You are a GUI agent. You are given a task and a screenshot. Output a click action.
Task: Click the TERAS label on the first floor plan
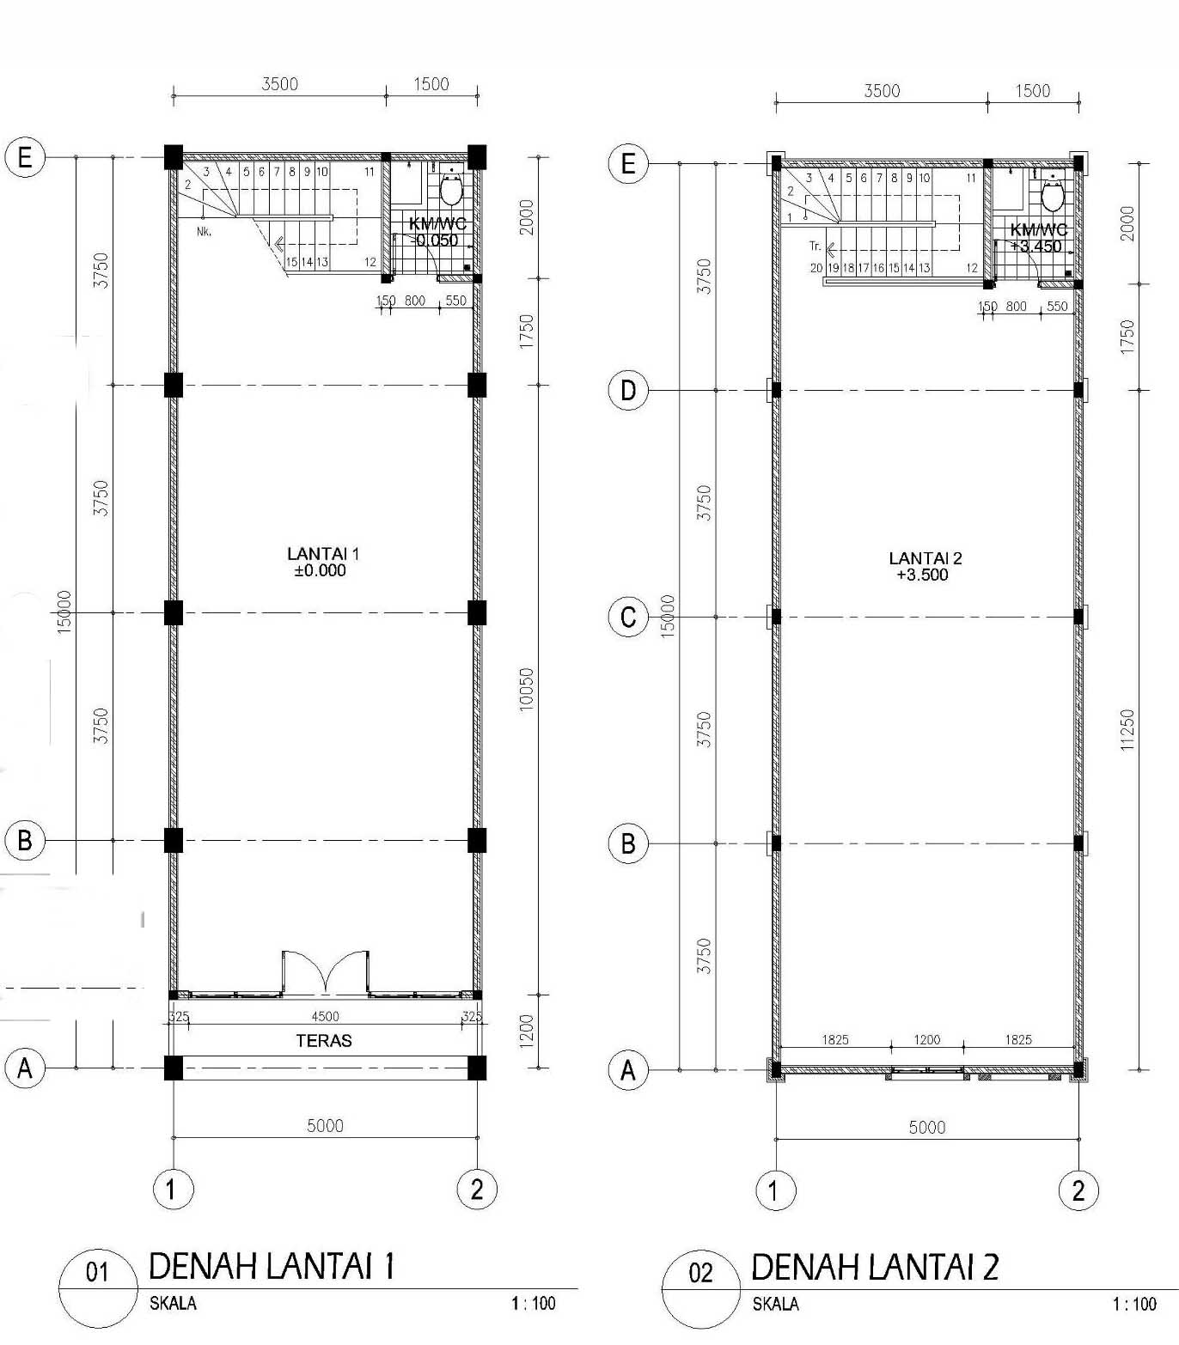(x=324, y=1041)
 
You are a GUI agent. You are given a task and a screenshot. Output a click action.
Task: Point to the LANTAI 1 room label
(x=323, y=554)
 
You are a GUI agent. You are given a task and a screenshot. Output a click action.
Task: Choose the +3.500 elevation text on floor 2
(x=922, y=575)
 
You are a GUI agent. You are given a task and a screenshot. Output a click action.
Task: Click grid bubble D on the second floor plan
(x=628, y=391)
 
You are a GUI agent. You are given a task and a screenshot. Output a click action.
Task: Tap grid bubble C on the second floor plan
(x=628, y=618)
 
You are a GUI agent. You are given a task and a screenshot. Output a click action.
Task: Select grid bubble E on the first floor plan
(x=25, y=157)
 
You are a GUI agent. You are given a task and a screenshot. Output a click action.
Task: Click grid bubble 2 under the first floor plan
(x=477, y=1190)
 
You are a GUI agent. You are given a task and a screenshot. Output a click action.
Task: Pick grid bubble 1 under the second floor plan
(x=775, y=1191)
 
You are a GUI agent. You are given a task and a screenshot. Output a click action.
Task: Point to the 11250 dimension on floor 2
(x=1127, y=730)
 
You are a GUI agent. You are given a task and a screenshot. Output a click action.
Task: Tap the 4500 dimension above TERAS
(x=325, y=1017)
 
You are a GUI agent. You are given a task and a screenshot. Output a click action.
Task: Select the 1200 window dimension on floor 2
(x=926, y=1040)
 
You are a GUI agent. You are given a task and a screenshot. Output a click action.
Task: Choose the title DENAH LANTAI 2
(x=875, y=1268)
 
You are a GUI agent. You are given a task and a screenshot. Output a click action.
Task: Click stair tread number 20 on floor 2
(x=816, y=268)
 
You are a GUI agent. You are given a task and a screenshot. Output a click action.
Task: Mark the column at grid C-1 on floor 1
(x=174, y=613)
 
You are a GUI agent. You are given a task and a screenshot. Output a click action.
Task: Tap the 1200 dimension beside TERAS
(x=527, y=1031)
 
